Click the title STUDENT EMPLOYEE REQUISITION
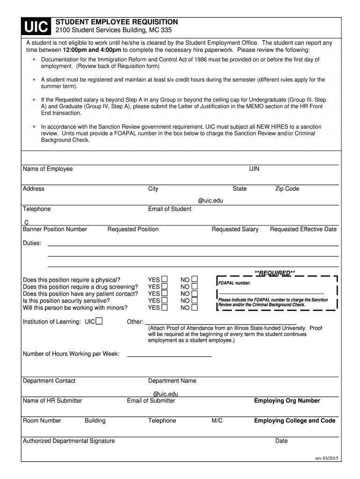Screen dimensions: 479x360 point(117,22)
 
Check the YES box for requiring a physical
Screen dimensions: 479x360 point(165,280)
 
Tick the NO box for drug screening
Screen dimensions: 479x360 point(194,287)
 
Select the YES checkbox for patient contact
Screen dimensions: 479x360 point(165,294)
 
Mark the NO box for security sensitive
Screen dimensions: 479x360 point(194,301)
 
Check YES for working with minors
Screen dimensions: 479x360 point(165,308)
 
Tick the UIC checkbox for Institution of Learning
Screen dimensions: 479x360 point(99,321)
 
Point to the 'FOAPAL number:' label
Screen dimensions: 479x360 point(235,283)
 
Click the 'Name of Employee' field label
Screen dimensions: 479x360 point(48,169)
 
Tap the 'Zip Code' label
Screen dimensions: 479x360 point(287,189)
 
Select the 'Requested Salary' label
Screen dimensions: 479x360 point(235,229)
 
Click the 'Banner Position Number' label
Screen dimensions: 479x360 point(55,229)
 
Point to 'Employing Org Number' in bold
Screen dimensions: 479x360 point(287,401)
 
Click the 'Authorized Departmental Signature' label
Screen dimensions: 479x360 point(69,441)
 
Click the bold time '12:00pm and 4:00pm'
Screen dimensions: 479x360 point(92,50)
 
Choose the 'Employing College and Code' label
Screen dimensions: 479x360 point(295,421)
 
